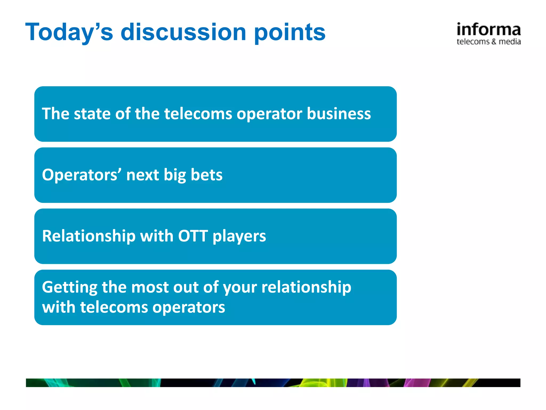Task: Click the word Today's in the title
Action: point(69,32)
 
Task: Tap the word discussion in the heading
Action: point(183,32)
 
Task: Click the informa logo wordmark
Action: point(488,29)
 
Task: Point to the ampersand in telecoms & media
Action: point(494,42)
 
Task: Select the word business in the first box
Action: point(339,114)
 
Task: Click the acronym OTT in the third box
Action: point(193,236)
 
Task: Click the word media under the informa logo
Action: point(509,42)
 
